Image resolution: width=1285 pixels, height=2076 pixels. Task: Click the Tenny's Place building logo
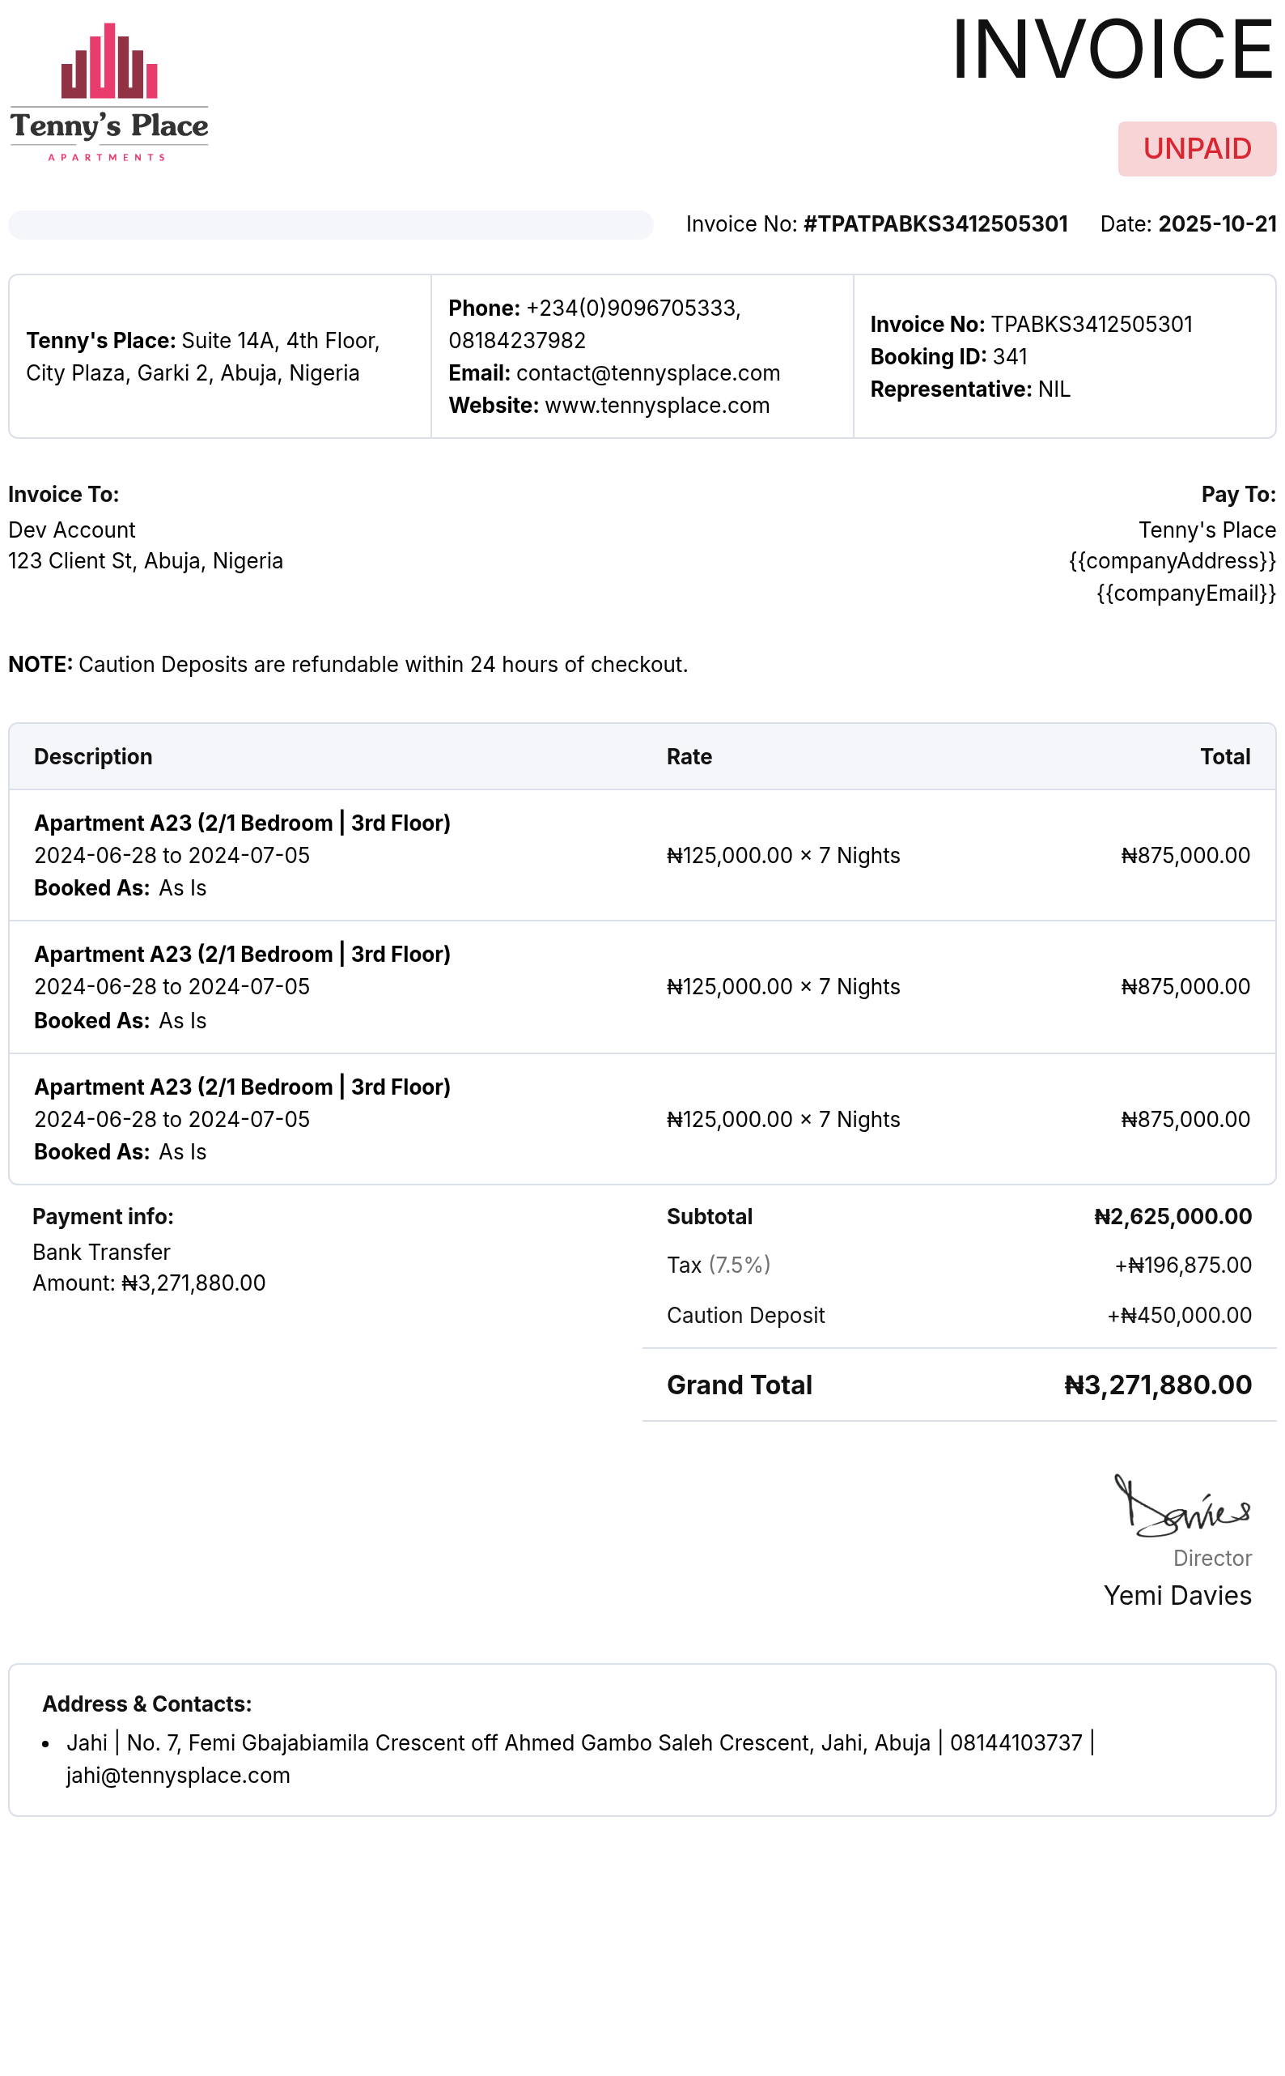(108, 90)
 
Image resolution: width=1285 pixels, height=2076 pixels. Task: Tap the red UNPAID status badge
(1196, 149)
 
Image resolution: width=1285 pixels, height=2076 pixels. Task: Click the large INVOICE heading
(1112, 50)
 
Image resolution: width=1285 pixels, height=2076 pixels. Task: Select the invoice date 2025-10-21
(1216, 223)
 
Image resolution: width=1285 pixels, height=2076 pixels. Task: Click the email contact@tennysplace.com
(647, 373)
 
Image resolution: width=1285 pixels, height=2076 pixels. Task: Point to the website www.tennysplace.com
(656, 406)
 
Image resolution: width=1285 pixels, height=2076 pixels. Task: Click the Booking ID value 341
(1010, 356)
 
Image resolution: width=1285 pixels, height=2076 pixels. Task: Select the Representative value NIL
(1054, 389)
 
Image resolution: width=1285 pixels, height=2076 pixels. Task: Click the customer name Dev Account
(71, 530)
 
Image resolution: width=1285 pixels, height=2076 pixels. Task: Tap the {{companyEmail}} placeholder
(1185, 593)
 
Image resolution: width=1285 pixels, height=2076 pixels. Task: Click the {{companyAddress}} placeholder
(1172, 561)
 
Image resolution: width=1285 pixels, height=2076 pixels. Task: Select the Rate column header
(689, 756)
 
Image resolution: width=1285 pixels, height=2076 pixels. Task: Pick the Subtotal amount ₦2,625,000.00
(1172, 1216)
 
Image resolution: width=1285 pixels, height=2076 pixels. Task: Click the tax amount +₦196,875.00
(1182, 1265)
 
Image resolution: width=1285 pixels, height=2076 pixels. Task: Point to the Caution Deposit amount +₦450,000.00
(1179, 1315)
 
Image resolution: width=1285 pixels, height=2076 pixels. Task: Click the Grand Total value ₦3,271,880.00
(1157, 1385)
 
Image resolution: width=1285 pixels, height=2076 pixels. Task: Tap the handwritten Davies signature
(1181, 1508)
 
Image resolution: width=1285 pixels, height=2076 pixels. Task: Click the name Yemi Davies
(1177, 1596)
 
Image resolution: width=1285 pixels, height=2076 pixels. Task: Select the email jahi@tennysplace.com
(178, 1775)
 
